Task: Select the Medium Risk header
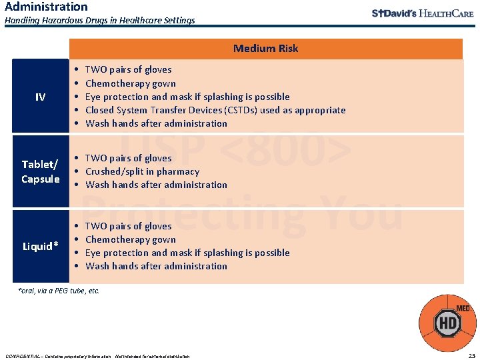[x=265, y=49]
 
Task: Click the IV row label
[x=40, y=97]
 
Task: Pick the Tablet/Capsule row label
[x=40, y=171]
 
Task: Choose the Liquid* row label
[x=40, y=247]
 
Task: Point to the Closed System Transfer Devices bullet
[x=215, y=110]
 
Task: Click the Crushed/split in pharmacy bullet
[x=142, y=171]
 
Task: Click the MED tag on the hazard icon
[x=463, y=309]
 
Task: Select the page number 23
[x=471, y=355]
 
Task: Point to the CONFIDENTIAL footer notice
[x=97, y=356]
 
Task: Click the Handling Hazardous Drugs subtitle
[x=100, y=21]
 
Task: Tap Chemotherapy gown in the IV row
[x=131, y=83]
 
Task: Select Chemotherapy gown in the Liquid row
[x=131, y=239]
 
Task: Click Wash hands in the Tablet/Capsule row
[x=157, y=185]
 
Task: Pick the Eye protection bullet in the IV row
[x=187, y=97]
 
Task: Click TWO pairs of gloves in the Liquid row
[x=129, y=226]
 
